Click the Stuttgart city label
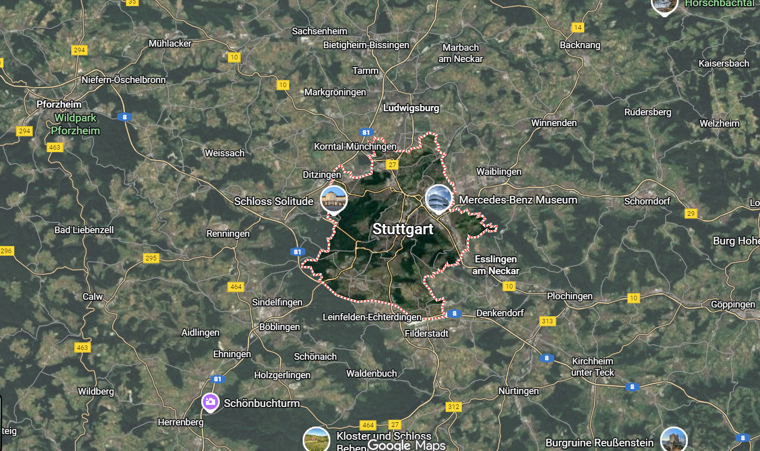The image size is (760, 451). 403,229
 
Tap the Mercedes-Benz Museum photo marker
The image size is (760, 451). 438,198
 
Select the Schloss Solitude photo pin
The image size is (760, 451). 334,198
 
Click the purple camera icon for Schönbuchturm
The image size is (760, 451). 210,402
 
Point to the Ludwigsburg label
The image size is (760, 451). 411,108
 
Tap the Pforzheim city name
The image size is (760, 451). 59,105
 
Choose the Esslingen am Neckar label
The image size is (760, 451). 495,265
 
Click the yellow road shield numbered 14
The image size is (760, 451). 578,28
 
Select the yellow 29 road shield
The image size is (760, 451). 691,214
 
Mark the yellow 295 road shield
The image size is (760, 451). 151,258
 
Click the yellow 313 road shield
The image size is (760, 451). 547,321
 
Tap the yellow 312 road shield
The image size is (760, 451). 454,407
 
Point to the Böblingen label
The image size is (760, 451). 279,327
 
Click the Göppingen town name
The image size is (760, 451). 732,304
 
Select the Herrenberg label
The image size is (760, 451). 180,422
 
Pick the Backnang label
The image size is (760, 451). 580,45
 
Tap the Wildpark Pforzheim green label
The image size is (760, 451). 75,124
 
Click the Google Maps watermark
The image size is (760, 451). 406,445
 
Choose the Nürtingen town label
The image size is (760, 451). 518,391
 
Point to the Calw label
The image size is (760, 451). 93,297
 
